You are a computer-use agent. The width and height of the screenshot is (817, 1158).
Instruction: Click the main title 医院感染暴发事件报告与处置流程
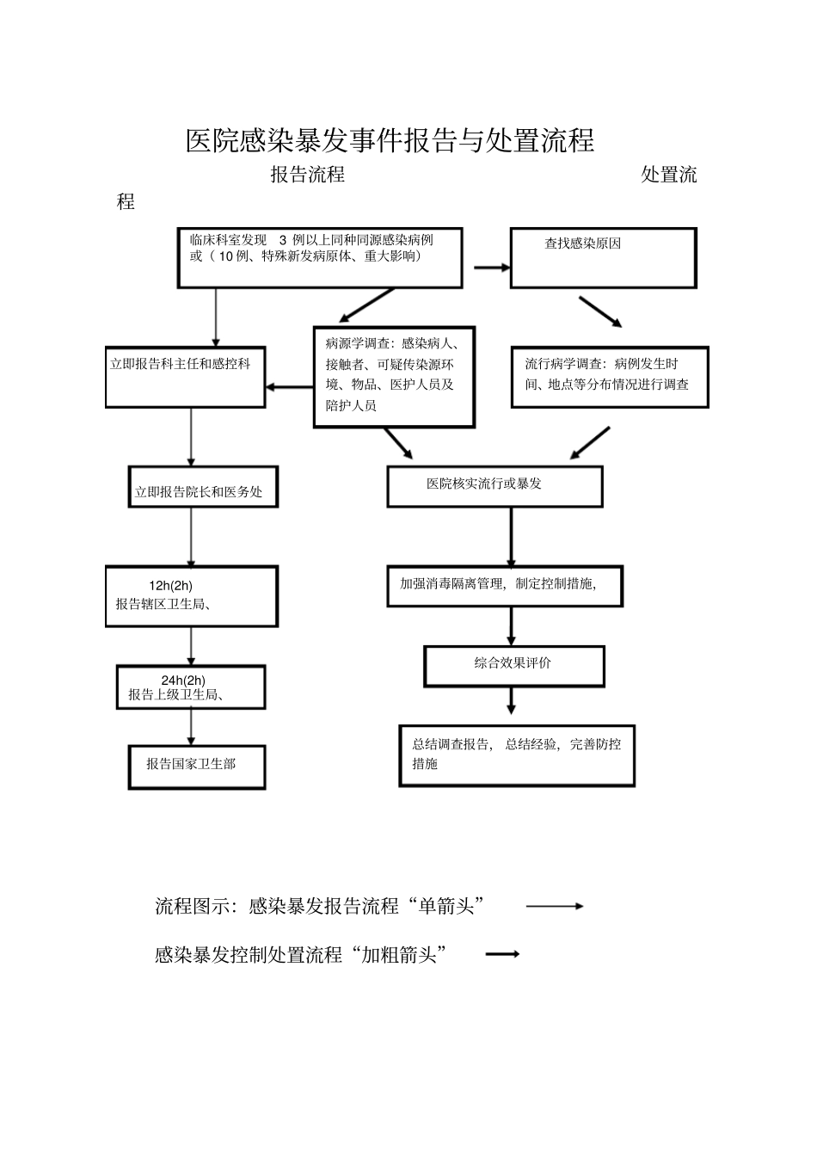coord(390,140)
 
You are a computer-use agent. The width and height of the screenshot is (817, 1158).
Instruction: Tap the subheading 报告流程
coord(307,175)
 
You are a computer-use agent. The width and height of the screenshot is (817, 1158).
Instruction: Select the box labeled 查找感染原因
coord(603,257)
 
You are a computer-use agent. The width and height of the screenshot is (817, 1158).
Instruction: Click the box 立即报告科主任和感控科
coord(185,378)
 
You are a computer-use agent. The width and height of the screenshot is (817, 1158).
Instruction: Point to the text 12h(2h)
coord(170,586)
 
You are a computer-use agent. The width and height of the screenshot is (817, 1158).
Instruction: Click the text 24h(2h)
coord(183,680)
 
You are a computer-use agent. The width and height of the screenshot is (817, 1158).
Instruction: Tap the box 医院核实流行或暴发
coord(494,486)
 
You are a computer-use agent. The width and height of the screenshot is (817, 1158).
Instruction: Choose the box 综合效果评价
coord(513,666)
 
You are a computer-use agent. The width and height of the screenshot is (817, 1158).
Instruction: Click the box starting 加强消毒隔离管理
coord(504,586)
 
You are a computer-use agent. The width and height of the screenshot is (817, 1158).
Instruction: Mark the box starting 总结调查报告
coord(516,755)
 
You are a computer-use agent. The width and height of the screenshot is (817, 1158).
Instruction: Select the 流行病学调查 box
coord(609,377)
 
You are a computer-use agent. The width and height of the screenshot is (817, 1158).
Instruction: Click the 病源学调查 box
coord(394,376)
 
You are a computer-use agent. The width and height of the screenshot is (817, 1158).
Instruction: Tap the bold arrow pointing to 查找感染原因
coord(492,268)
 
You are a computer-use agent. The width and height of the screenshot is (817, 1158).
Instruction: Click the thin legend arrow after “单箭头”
coord(555,906)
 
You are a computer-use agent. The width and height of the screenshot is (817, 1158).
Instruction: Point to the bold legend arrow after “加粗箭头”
coord(503,954)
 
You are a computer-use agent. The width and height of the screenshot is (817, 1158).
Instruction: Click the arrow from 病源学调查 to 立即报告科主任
coord(289,387)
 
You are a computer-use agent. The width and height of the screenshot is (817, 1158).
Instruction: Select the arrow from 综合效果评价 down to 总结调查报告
coord(511,700)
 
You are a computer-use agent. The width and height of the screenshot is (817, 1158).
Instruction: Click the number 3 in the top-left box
coord(283,240)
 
